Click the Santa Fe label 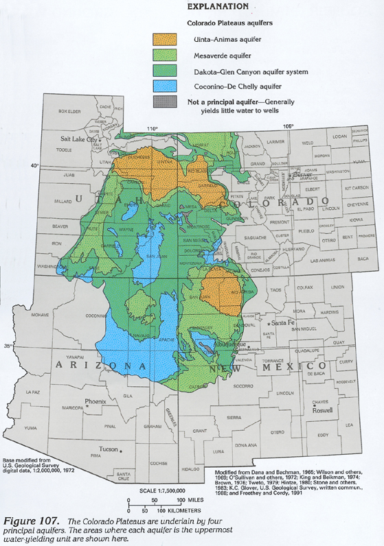[282, 322]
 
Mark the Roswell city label [321, 410]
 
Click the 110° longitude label [153, 128]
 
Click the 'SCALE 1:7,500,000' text [165, 491]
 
